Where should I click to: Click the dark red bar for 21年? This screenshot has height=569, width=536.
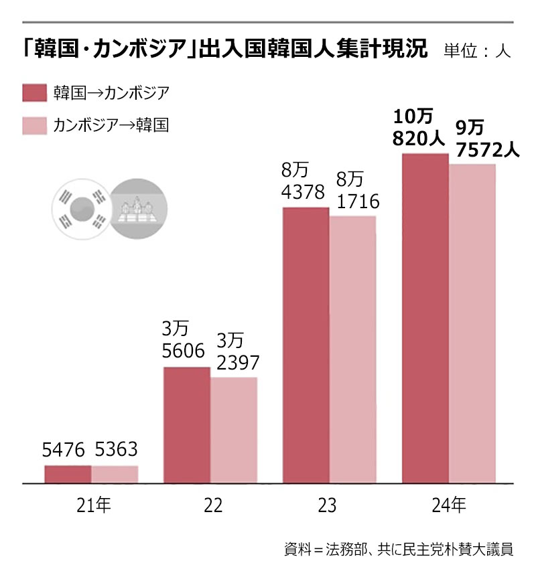[x=68, y=474]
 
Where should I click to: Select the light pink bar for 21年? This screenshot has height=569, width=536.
[x=115, y=474]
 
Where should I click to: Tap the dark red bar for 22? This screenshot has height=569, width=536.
[x=187, y=424]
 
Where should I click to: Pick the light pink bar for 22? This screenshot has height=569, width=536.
[x=234, y=430]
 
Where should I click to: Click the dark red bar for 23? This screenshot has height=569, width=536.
[x=306, y=345]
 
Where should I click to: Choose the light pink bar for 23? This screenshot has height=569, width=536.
[x=352, y=349]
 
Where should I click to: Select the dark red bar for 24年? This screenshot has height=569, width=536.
[x=425, y=318]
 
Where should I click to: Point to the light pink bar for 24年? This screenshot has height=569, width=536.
[x=472, y=323]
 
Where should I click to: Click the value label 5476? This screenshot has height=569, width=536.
[x=66, y=451]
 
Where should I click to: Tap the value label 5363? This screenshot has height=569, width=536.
[x=116, y=451]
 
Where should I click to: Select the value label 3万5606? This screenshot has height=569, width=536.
[x=183, y=339]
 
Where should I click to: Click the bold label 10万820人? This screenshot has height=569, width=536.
[x=416, y=127]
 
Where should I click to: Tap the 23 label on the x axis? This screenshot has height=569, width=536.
[x=328, y=505]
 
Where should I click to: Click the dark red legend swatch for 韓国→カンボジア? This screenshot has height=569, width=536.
[x=34, y=93]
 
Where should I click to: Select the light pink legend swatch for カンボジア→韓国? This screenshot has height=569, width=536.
[x=34, y=125]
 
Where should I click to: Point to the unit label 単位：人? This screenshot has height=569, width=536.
[x=477, y=52]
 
